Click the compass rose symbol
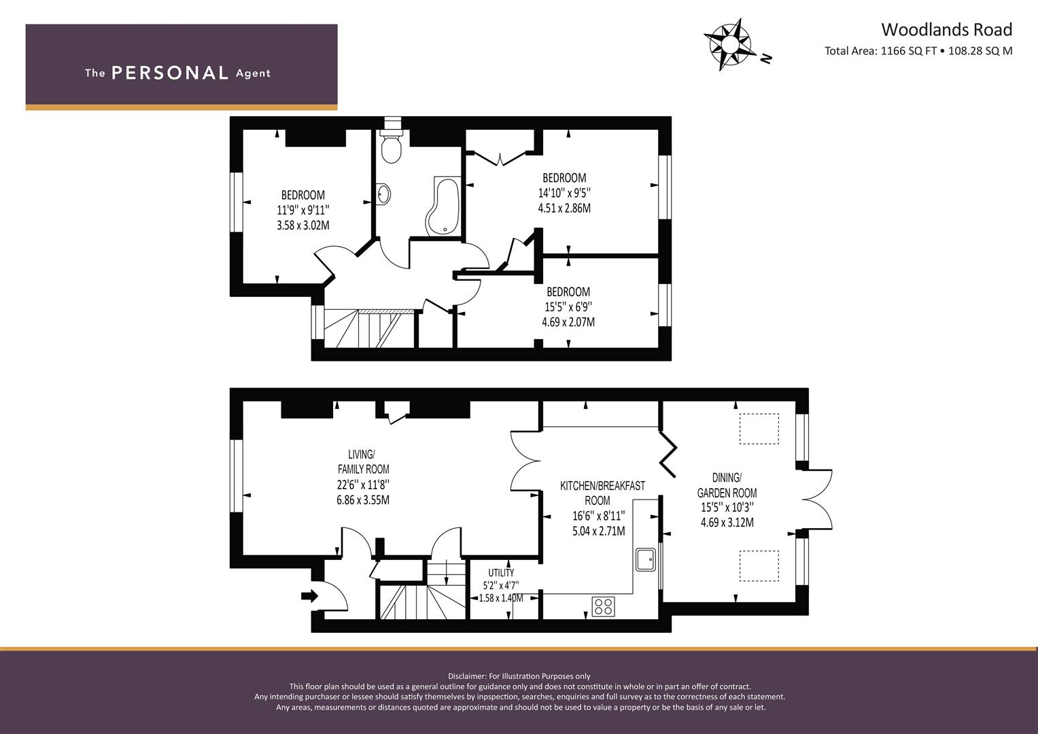click(x=727, y=44)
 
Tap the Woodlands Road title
click(x=947, y=30)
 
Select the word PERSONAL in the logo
click(x=170, y=73)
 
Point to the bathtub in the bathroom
click(x=443, y=206)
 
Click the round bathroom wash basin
click(x=383, y=194)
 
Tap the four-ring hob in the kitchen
click(x=604, y=606)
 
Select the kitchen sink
click(x=646, y=559)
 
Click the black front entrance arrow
click(x=309, y=595)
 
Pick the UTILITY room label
click(x=501, y=573)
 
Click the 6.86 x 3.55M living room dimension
click(x=363, y=500)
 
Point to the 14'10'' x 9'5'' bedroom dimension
click(x=564, y=193)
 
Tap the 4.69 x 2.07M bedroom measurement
click(x=568, y=321)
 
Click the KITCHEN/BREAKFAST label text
click(x=602, y=486)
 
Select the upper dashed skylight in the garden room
click(x=759, y=429)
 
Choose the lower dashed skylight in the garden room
click(x=759, y=565)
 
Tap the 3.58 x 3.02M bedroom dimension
click(x=303, y=226)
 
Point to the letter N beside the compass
click(x=767, y=58)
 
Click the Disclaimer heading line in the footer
click(x=519, y=676)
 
